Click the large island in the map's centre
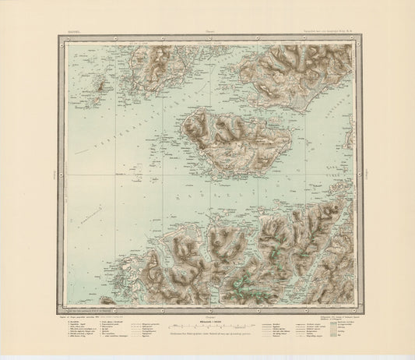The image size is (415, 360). point(234,140)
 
